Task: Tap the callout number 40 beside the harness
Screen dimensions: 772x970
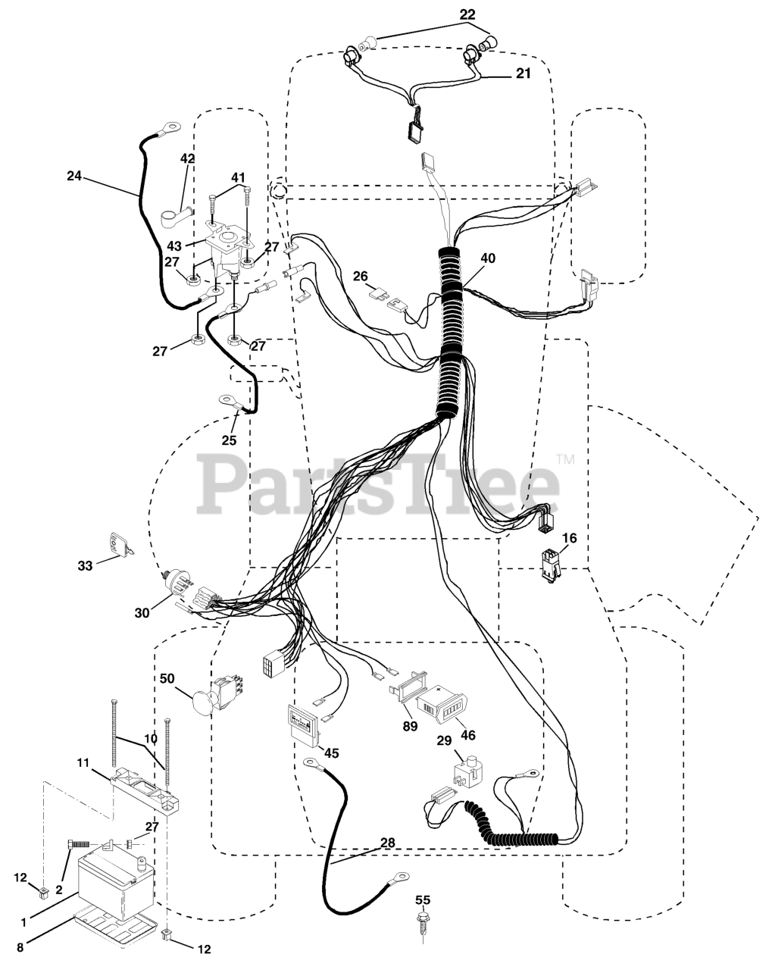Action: click(488, 258)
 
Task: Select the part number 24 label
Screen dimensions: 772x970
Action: click(73, 176)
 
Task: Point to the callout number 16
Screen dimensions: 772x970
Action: click(569, 538)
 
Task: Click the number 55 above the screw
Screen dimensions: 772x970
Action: click(423, 900)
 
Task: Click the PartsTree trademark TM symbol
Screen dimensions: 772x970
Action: click(565, 459)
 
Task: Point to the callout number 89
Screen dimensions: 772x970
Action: click(411, 727)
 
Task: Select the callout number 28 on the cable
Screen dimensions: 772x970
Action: click(388, 843)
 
